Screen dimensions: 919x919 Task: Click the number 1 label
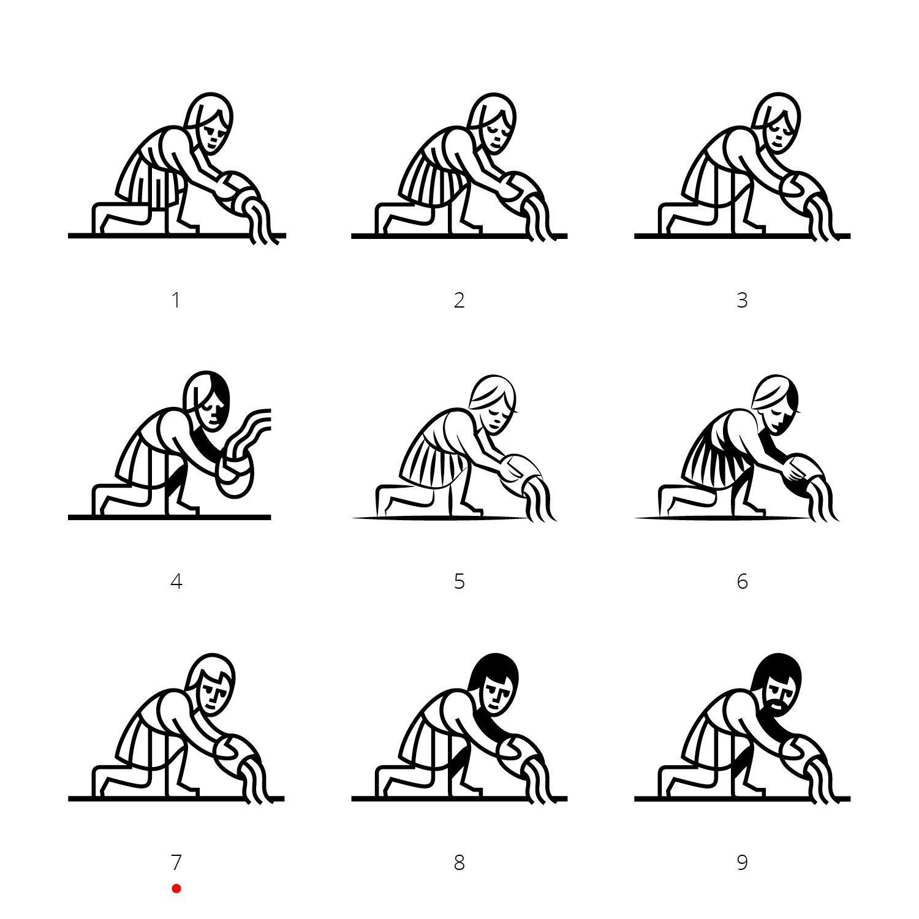pos(176,300)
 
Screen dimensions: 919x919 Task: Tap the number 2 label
pos(459,300)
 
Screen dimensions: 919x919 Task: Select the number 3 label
pos(742,300)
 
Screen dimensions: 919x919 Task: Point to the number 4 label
pos(176,581)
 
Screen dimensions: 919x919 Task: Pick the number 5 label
pos(459,581)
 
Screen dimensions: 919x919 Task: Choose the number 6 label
pos(742,581)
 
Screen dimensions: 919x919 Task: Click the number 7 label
pos(176,863)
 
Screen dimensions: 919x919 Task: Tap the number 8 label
pos(459,863)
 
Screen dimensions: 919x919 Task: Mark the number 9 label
pos(742,863)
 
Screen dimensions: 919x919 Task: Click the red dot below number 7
pos(176,888)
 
